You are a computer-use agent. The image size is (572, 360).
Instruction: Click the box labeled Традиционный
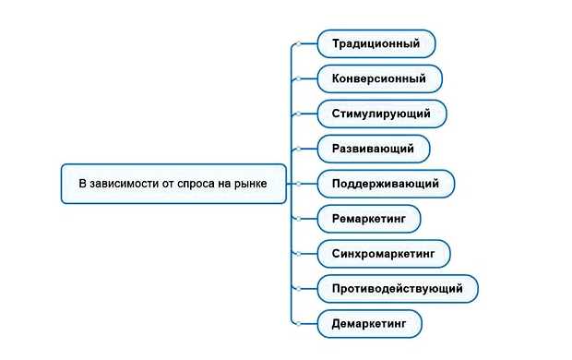(375, 43)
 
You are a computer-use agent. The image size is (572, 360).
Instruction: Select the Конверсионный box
(379, 78)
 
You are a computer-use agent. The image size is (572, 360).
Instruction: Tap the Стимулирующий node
(382, 114)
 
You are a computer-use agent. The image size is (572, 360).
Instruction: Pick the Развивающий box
(373, 149)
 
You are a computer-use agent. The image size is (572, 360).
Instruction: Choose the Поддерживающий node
(386, 184)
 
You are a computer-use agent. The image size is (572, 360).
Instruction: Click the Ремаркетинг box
(369, 219)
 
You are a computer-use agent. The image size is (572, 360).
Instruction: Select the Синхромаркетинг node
(383, 253)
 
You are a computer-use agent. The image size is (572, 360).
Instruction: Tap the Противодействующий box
(398, 289)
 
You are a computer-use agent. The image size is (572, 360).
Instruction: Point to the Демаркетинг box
(369, 324)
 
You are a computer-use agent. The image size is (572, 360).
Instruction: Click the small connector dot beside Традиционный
(298, 43)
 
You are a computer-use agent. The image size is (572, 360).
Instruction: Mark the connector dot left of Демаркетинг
(298, 324)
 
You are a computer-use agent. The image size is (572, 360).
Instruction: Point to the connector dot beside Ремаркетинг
(298, 219)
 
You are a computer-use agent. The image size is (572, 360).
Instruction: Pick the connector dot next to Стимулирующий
(298, 114)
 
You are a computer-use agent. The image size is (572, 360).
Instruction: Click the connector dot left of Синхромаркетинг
(298, 253)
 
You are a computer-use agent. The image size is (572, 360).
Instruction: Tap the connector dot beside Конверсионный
(298, 78)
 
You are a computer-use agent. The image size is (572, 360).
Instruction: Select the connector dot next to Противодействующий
(298, 289)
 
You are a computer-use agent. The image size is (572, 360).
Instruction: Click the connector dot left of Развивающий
(298, 149)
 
